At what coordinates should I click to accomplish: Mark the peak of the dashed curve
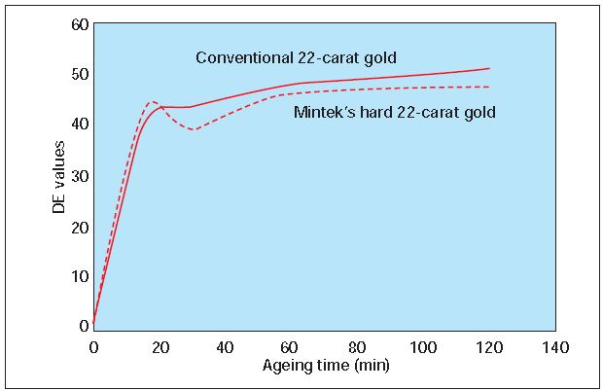pyautogui.click(x=153, y=101)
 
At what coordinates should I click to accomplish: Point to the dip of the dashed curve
pyautogui.click(x=194, y=129)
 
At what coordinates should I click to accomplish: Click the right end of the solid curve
pyautogui.click(x=489, y=68)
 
